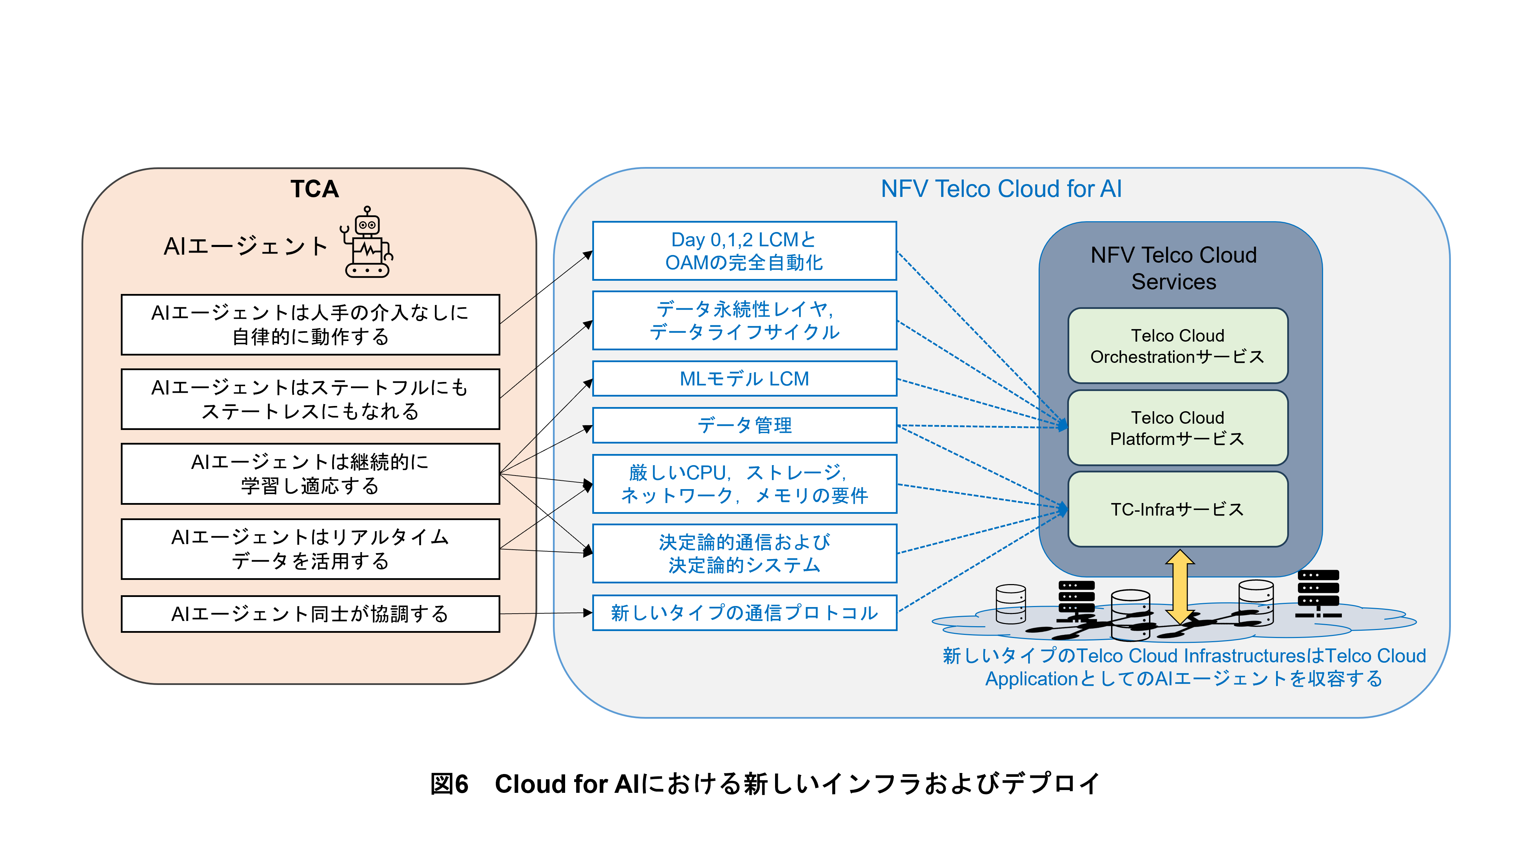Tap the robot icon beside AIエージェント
pyautogui.click(x=367, y=244)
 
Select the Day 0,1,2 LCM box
pyautogui.click(x=744, y=251)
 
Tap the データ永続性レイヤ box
pyautogui.click(x=744, y=320)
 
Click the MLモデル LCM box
pyautogui.click(x=744, y=378)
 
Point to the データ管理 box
pyautogui.click(x=744, y=425)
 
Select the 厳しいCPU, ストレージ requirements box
pyautogui.click(x=744, y=484)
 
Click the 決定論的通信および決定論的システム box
pyautogui.click(x=744, y=553)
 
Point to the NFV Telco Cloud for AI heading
pyautogui.click(x=1001, y=189)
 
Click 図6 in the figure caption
pyautogui.click(x=449, y=784)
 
